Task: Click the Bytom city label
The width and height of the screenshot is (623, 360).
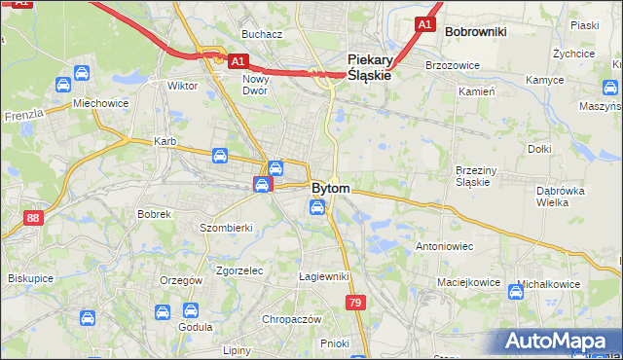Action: [331, 187]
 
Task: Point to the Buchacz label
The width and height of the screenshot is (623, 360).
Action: [262, 34]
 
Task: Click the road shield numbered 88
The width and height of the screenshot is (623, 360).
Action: [34, 218]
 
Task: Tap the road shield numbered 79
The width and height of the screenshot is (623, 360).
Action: [356, 304]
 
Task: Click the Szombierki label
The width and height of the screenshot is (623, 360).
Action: [226, 228]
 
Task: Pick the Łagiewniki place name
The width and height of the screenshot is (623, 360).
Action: [324, 277]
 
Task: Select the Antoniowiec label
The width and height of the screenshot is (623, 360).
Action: [444, 246]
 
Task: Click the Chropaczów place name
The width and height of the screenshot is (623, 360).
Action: [292, 319]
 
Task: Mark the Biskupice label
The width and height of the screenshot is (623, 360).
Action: [30, 278]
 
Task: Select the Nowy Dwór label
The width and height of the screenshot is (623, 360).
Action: [256, 84]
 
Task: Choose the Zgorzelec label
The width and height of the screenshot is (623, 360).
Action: [239, 270]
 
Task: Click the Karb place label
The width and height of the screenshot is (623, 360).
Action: [165, 142]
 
